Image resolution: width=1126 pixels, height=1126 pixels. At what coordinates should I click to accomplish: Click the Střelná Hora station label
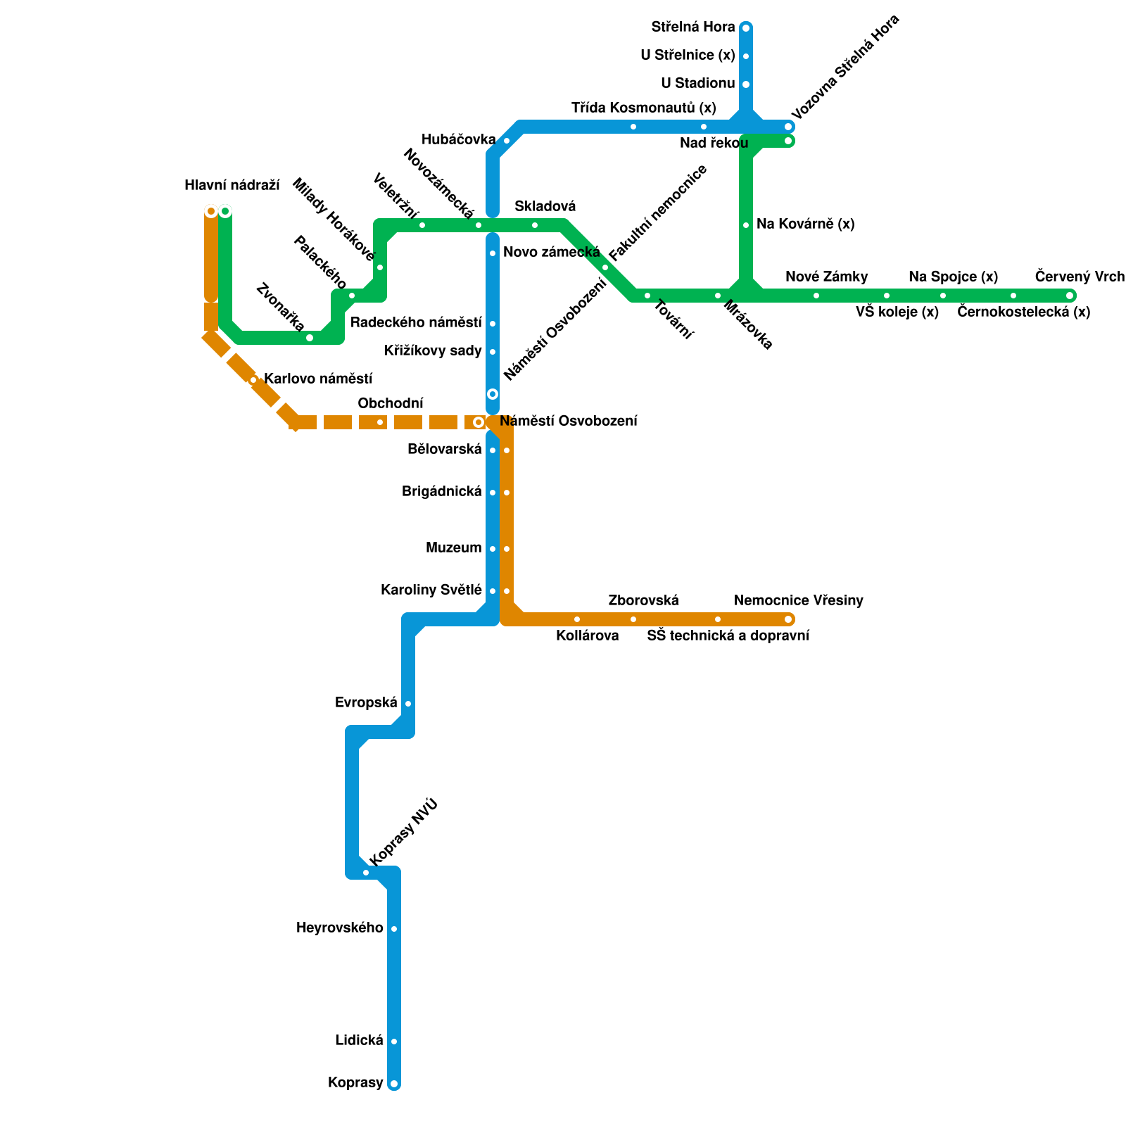click(x=692, y=27)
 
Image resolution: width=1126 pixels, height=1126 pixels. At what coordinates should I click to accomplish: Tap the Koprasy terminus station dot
click(x=394, y=1084)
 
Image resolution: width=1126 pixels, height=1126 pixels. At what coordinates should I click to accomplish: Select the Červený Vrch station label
click(x=1080, y=277)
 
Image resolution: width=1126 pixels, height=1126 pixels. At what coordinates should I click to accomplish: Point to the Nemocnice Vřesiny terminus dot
click(x=788, y=619)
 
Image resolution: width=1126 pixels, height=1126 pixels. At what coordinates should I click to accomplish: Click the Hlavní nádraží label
click(x=232, y=186)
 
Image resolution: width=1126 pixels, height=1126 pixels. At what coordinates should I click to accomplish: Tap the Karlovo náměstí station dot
click(x=253, y=380)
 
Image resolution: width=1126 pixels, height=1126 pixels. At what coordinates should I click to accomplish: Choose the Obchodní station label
click(x=391, y=403)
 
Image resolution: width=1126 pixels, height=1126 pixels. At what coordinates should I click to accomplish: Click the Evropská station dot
click(x=408, y=704)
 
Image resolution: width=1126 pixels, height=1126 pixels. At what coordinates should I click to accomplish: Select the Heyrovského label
click(x=340, y=928)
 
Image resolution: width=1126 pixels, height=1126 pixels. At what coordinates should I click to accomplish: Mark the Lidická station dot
click(x=394, y=1042)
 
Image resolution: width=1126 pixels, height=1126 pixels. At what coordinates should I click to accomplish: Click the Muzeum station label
click(x=453, y=548)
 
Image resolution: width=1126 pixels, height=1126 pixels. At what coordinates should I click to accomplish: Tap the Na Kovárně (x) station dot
click(x=746, y=225)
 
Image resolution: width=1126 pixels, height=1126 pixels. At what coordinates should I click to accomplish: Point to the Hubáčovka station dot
click(x=507, y=141)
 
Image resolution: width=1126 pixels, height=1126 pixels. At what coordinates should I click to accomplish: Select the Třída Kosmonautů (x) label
click(x=643, y=108)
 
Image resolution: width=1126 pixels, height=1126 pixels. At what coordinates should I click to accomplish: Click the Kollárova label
click(x=587, y=636)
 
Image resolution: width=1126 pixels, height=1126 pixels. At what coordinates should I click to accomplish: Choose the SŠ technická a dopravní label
click(x=728, y=636)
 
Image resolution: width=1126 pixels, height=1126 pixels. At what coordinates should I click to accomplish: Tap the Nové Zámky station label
click(x=826, y=277)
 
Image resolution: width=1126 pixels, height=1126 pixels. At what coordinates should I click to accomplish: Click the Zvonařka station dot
click(x=310, y=338)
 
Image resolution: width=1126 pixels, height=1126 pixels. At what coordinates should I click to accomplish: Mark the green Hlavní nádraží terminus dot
click(x=225, y=211)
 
